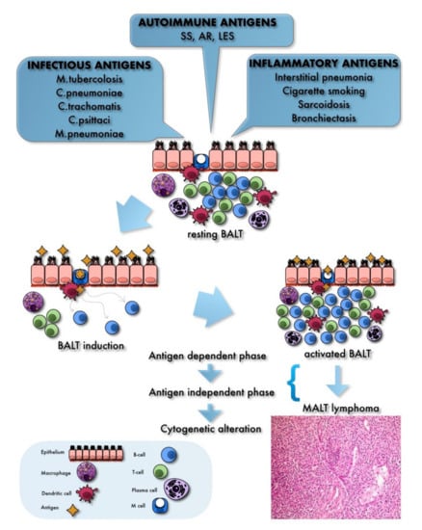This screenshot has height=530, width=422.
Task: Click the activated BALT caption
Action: click(325, 354)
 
